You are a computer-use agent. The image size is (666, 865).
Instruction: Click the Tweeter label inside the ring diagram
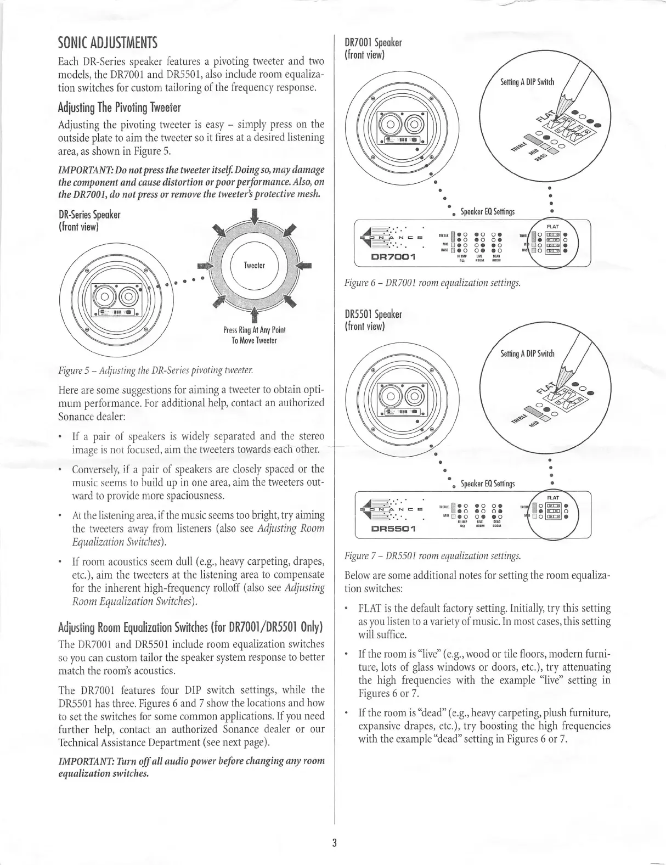[x=254, y=265]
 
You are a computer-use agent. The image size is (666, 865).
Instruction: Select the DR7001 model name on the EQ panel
[x=393, y=256]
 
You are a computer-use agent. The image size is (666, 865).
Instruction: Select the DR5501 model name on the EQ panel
[x=393, y=529]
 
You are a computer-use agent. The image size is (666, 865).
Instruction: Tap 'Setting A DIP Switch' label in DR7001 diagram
[x=527, y=82]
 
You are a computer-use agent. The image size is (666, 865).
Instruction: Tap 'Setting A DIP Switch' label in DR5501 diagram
[x=527, y=353]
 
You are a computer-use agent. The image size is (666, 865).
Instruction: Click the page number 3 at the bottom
[x=334, y=843]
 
